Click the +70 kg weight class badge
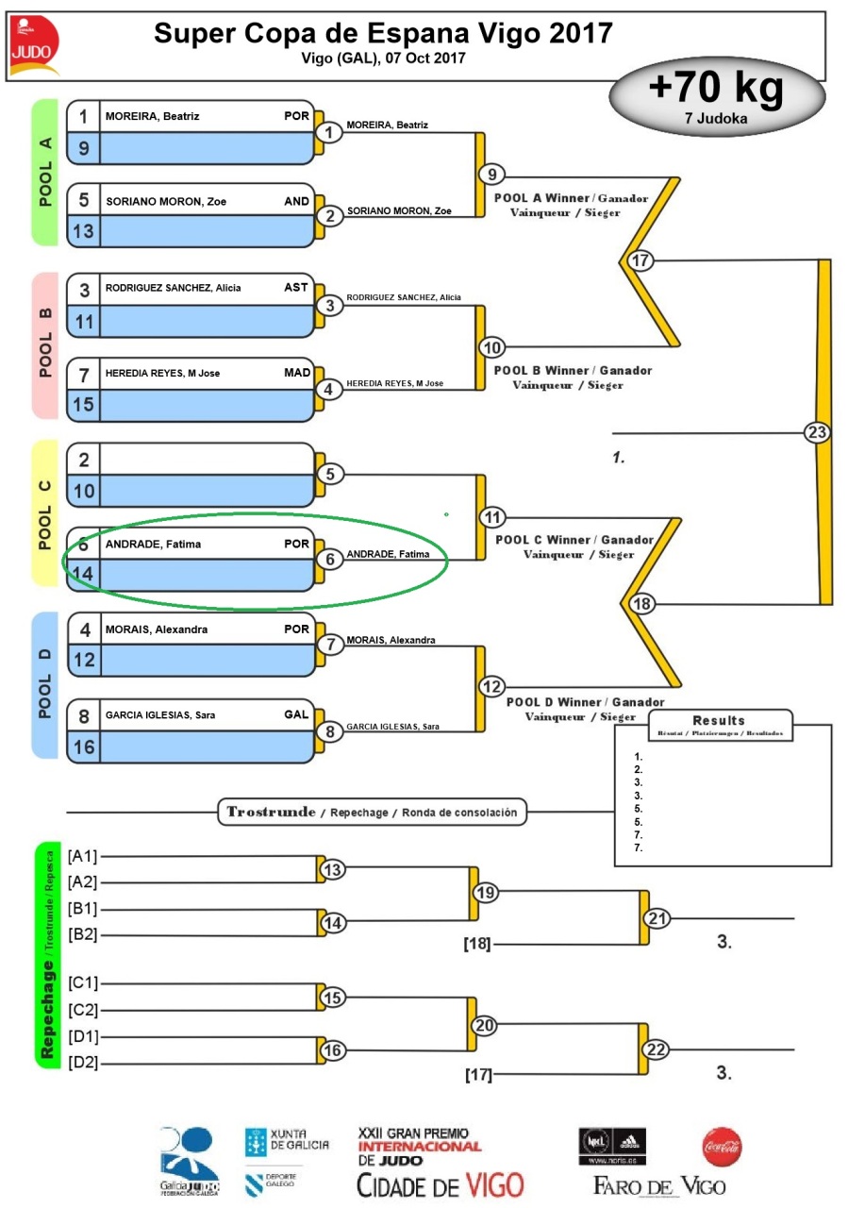pos(716,96)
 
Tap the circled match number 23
pos(817,432)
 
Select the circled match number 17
pos(640,260)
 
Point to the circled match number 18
pos(640,604)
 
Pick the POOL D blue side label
pos(44,684)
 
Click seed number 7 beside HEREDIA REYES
pos(84,374)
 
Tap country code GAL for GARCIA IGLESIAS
pos(296,714)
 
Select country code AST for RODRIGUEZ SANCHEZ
pos(296,287)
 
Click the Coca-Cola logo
pos(722,1147)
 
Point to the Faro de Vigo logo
pos(658,1185)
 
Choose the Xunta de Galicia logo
pos(288,1144)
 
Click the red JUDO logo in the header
pos(35,47)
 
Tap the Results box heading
pos(718,720)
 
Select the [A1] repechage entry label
pos(83,856)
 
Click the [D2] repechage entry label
pos(83,1064)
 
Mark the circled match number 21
pos(657,917)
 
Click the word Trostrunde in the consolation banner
pos(271,812)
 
